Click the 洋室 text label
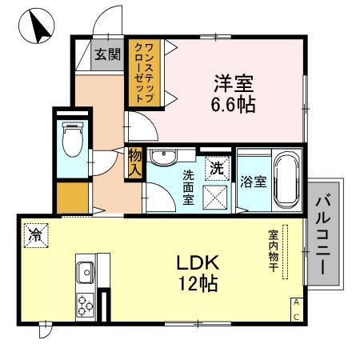[233, 82]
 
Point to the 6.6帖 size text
[234, 104]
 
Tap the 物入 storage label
[134, 162]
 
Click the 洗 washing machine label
[216, 168]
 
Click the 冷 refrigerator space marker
[35, 234]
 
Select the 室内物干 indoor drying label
[273, 249]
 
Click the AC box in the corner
[296, 309]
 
